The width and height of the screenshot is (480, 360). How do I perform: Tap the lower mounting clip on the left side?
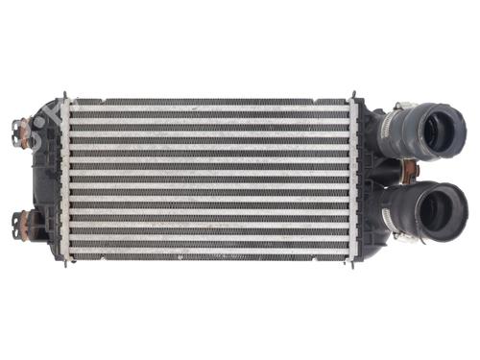click(x=20, y=224)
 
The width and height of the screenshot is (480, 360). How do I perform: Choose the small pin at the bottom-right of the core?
click(x=357, y=260)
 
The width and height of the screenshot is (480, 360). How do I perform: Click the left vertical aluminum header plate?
click(x=65, y=178)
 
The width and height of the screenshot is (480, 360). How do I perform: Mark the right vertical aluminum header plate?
click(x=353, y=178)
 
